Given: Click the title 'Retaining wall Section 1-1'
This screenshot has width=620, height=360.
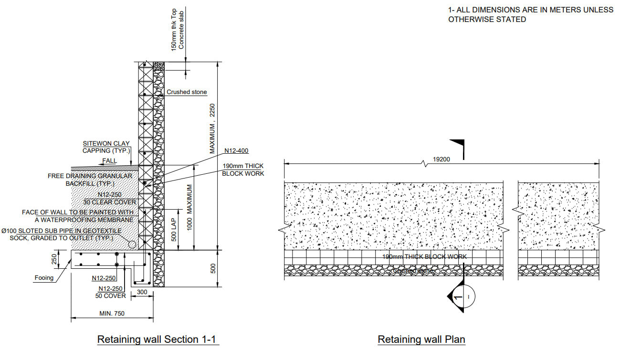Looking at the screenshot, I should (158, 339).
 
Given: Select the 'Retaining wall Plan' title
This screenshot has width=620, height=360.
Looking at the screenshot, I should (421, 339).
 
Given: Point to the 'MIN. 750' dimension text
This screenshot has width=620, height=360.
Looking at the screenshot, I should (112, 313).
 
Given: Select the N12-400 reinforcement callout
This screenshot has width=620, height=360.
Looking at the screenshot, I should (237, 150).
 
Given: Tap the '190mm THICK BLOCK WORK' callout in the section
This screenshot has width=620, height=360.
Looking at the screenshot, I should (243, 170).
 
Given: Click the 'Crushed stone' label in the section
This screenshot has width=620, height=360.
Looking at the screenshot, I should (187, 92).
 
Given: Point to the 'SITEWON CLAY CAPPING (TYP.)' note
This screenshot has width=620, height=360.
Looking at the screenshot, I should (106, 147).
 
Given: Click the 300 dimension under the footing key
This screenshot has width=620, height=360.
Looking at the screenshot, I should (142, 291).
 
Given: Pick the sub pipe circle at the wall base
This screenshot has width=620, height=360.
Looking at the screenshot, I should (132, 244).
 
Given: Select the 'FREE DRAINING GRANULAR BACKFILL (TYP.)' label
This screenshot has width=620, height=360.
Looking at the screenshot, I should (89, 180).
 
